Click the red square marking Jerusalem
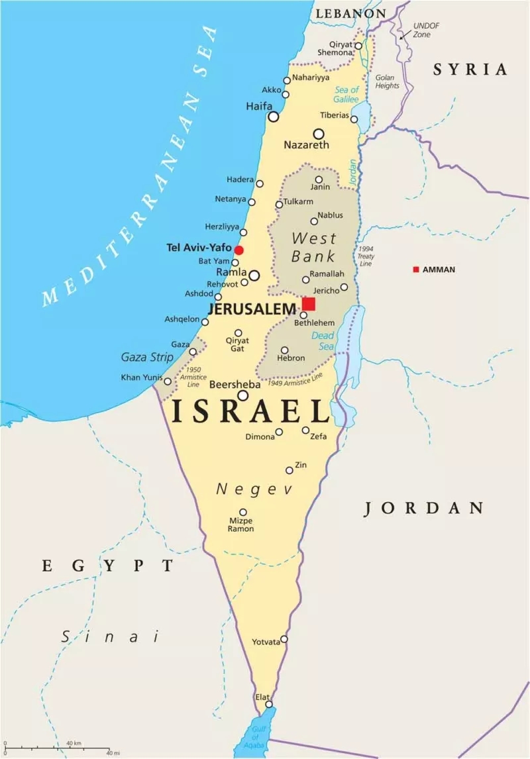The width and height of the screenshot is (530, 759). (309, 303)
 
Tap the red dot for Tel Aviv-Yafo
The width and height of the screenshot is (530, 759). (239, 250)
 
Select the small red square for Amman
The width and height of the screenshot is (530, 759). (416, 270)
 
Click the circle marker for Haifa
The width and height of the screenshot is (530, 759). (274, 117)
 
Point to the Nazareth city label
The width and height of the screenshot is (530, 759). (306, 144)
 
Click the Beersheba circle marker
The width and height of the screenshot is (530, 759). (243, 395)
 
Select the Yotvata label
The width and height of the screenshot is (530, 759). (266, 642)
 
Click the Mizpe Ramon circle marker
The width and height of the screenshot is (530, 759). (243, 512)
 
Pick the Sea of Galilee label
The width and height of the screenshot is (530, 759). (346, 94)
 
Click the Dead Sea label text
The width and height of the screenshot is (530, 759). (323, 340)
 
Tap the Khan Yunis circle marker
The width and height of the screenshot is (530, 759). (168, 381)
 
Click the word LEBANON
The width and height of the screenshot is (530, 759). (350, 13)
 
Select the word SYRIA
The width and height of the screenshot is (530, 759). (470, 69)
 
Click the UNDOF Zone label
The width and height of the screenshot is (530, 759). (426, 29)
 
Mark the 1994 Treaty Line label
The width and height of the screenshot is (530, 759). (365, 256)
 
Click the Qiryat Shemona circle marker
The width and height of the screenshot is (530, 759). (358, 46)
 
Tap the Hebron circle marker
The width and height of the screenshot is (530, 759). (284, 350)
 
